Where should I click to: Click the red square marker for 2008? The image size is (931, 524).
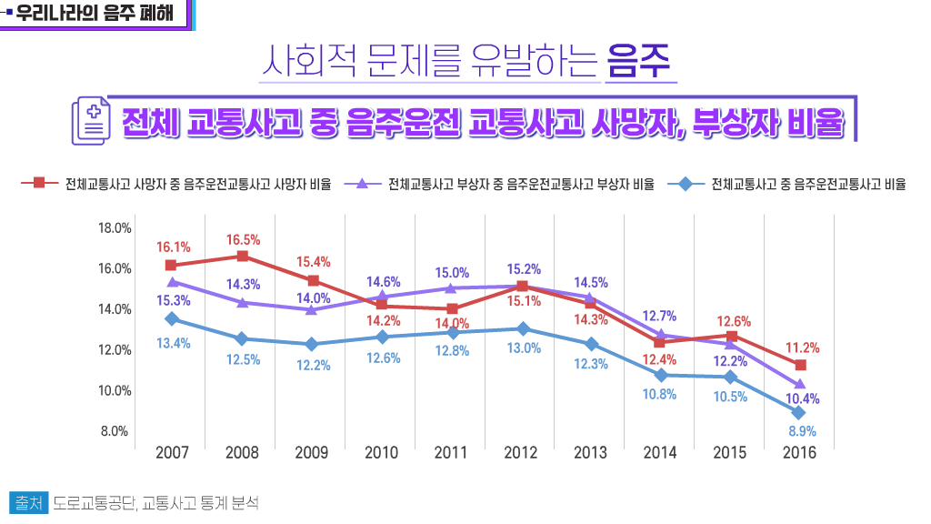point(242,257)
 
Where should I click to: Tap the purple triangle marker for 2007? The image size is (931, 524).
point(171,282)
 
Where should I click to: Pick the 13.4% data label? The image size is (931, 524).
point(174,343)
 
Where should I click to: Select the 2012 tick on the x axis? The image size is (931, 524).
point(521,452)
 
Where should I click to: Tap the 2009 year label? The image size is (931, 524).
point(312,452)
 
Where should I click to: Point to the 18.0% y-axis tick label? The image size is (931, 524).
point(115,227)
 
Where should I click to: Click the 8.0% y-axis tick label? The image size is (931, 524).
point(115,431)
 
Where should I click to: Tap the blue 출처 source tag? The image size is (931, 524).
point(26,502)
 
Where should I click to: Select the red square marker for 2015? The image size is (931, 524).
point(731,336)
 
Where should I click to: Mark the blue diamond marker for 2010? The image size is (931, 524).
point(381,337)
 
